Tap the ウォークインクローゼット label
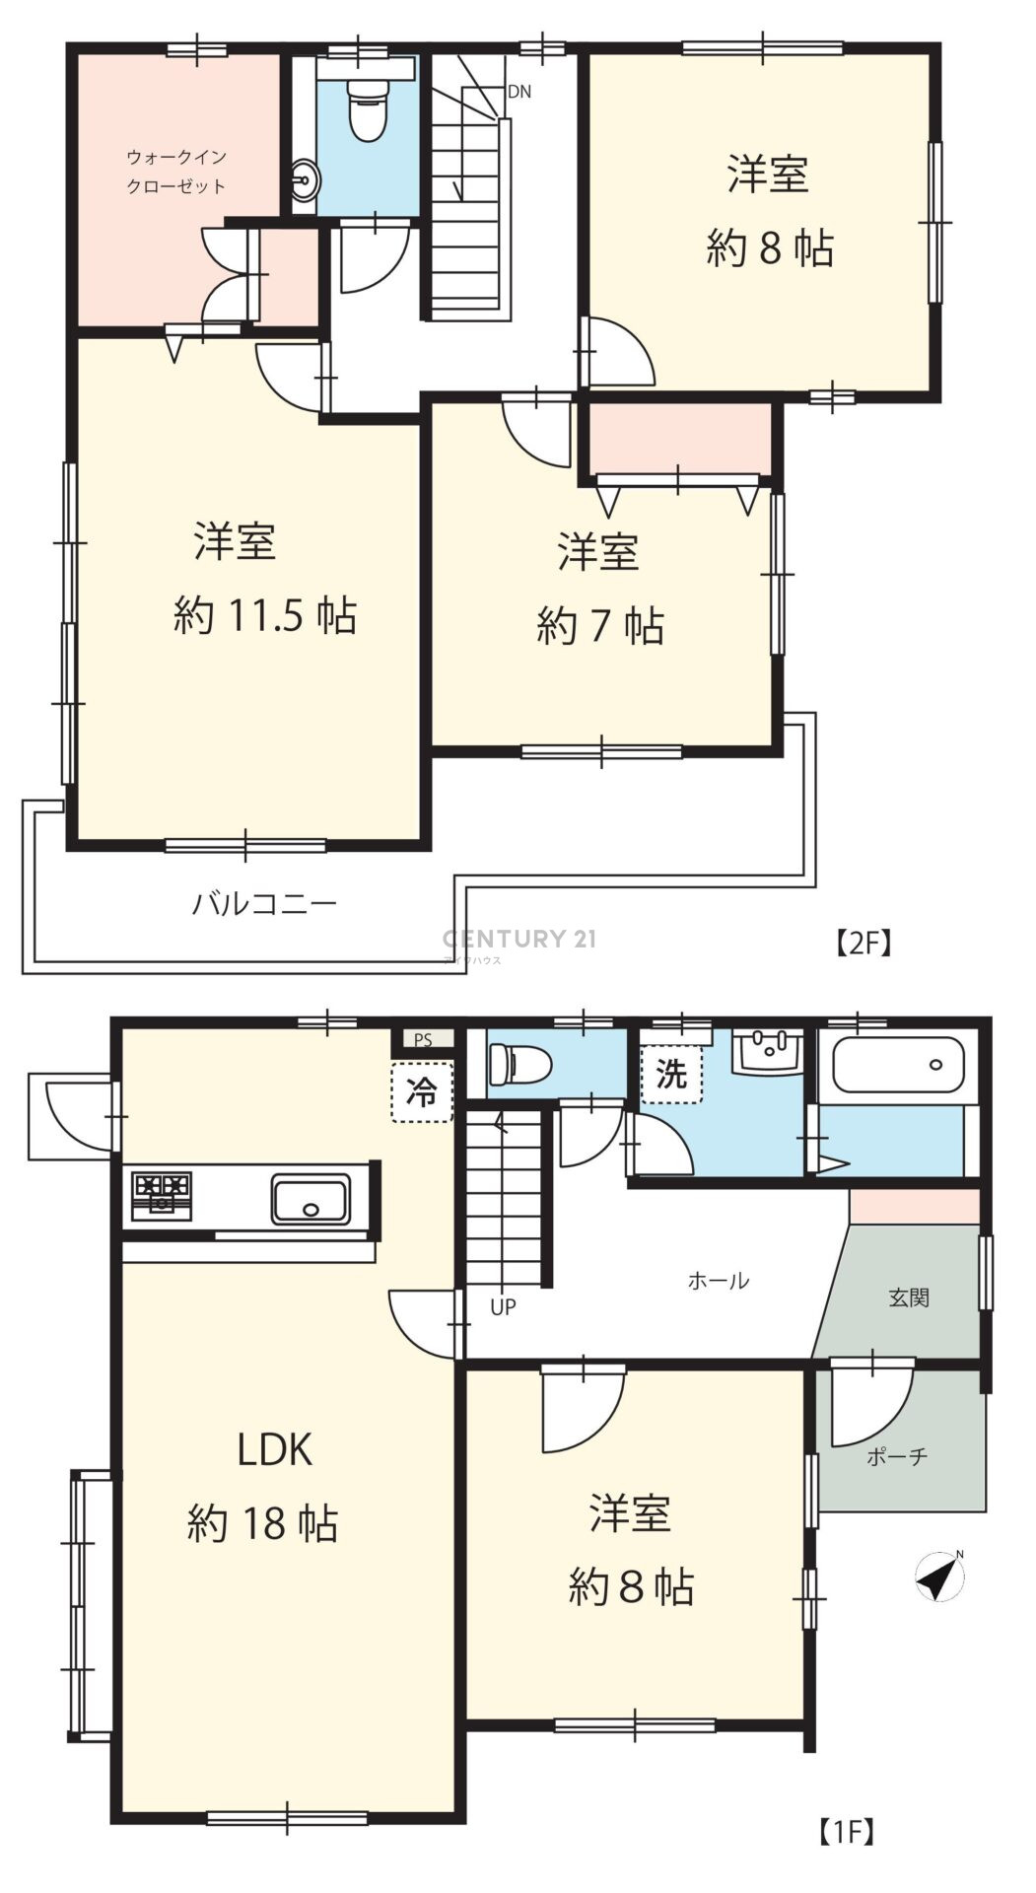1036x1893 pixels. pyautogui.click(x=176, y=171)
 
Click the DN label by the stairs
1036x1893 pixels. pyautogui.click(x=519, y=92)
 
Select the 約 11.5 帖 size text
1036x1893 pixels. pyautogui.click(x=264, y=616)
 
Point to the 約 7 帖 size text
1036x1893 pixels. pyautogui.click(x=600, y=626)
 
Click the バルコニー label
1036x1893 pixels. pyautogui.click(x=264, y=903)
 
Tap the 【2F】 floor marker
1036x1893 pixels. pyautogui.click(x=863, y=944)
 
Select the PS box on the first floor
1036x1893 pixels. pyautogui.click(x=423, y=1039)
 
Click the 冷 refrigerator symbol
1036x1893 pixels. pyautogui.click(x=422, y=1092)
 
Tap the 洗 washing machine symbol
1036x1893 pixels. pyautogui.click(x=671, y=1074)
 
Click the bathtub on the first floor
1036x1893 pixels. pyautogui.click(x=897, y=1065)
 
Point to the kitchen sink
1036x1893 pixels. pyautogui.click(x=311, y=1199)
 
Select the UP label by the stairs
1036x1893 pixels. pyautogui.click(x=503, y=1307)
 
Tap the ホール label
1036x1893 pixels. pyautogui.click(x=718, y=1281)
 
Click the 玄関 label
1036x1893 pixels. pyautogui.click(x=909, y=1297)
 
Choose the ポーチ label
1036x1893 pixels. pyautogui.click(x=897, y=1456)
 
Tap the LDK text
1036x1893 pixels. pyautogui.click(x=275, y=1450)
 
